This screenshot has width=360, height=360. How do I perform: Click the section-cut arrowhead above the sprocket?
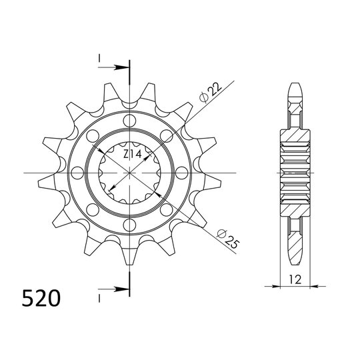point(122,67)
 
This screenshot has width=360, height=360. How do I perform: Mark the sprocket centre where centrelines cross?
point(128,173)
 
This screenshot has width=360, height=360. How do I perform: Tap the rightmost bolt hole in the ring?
point(181,173)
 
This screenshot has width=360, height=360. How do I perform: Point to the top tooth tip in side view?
point(296,87)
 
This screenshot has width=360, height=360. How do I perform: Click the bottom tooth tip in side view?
point(296,260)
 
